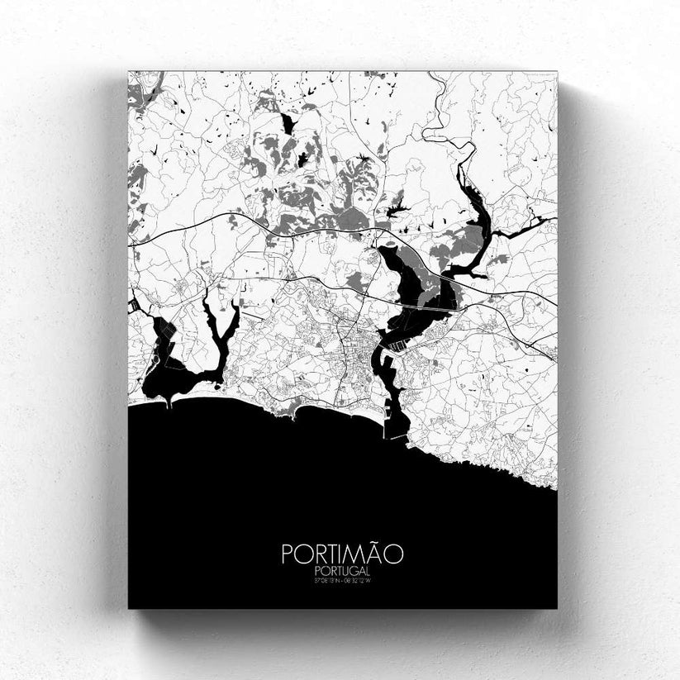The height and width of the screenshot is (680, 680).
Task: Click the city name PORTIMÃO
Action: (x=342, y=553)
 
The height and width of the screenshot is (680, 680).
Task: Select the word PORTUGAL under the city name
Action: (x=342, y=571)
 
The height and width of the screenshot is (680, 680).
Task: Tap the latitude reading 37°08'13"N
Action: (x=325, y=581)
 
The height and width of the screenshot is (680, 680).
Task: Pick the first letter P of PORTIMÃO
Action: (x=288, y=554)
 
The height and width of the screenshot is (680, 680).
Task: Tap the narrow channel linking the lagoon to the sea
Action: (x=169, y=401)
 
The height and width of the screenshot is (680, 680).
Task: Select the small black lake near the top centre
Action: (x=287, y=124)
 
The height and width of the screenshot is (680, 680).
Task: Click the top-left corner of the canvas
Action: (x=129, y=72)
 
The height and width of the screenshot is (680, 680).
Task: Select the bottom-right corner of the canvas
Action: (x=556, y=608)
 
